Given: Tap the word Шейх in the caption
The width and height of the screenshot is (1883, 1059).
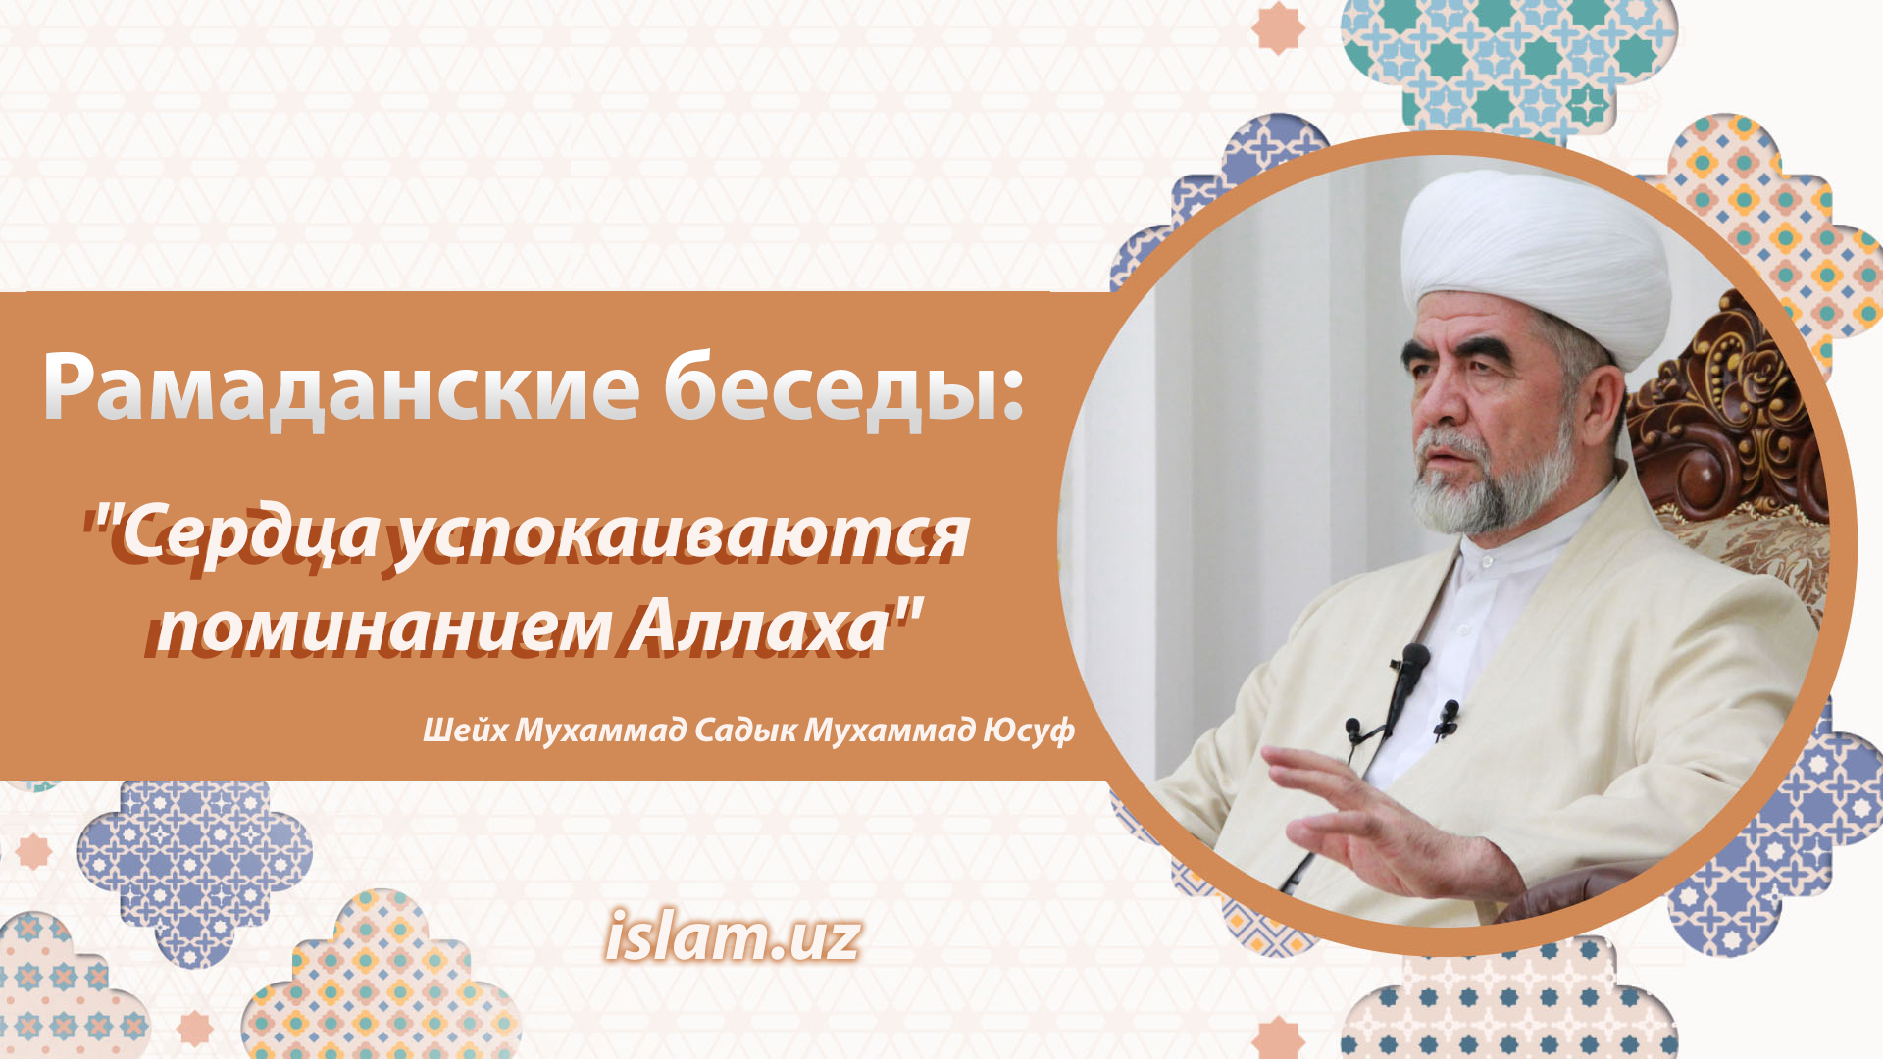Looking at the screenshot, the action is coord(465,730).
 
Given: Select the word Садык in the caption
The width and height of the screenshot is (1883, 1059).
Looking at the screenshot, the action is coord(745,731).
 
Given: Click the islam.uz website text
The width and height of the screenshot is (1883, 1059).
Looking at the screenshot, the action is coord(733,936).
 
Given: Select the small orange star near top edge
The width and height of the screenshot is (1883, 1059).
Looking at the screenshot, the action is coord(1279,27).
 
